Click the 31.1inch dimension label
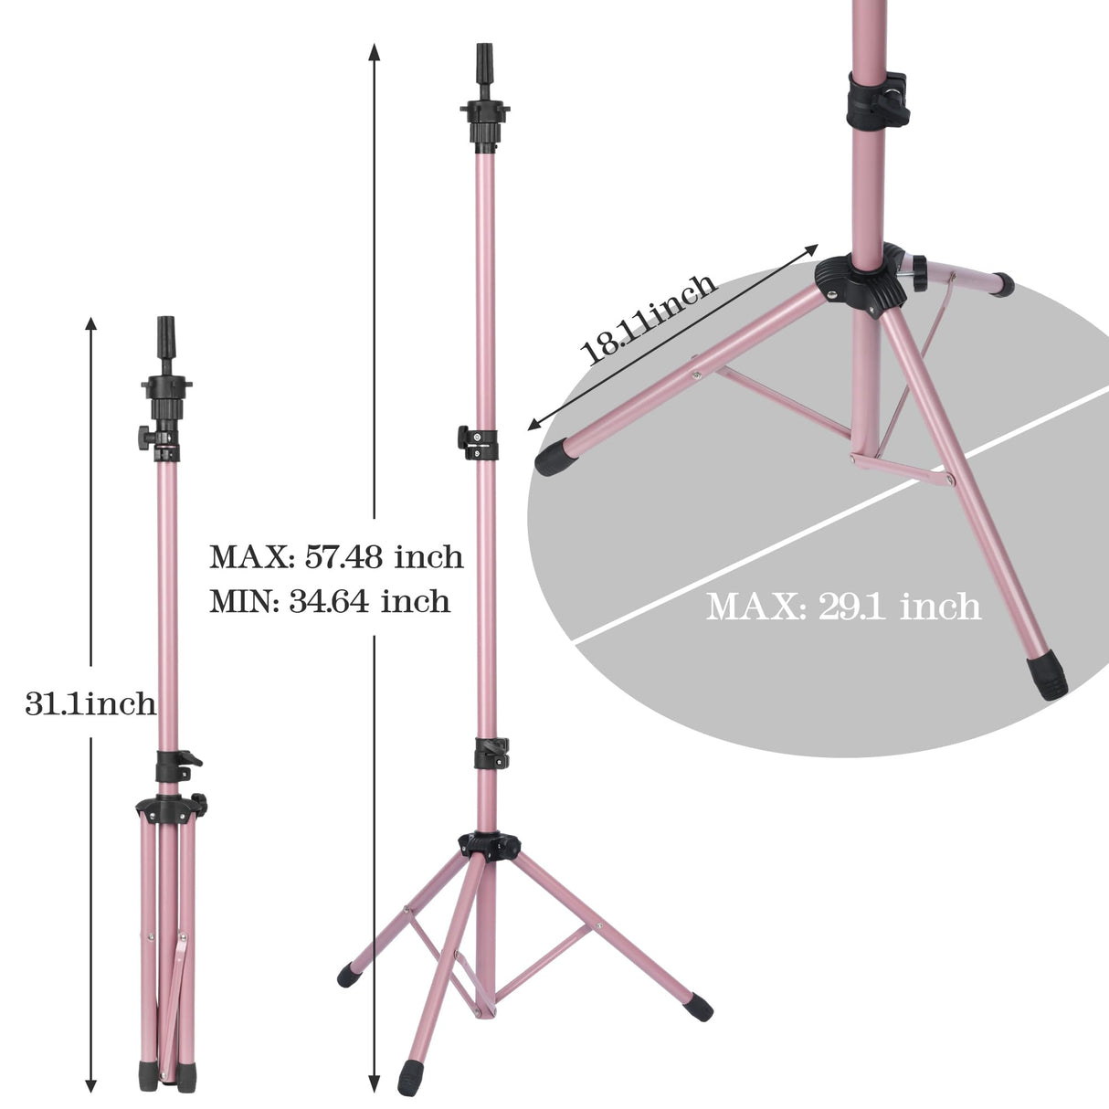[90, 703]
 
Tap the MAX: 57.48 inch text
[336, 556]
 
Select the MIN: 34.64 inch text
[330, 601]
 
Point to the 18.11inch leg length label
[650, 319]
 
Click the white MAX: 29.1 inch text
[843, 606]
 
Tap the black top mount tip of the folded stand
[166, 331]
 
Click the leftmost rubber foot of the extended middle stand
[349, 976]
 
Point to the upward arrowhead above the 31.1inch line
[90, 323]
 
